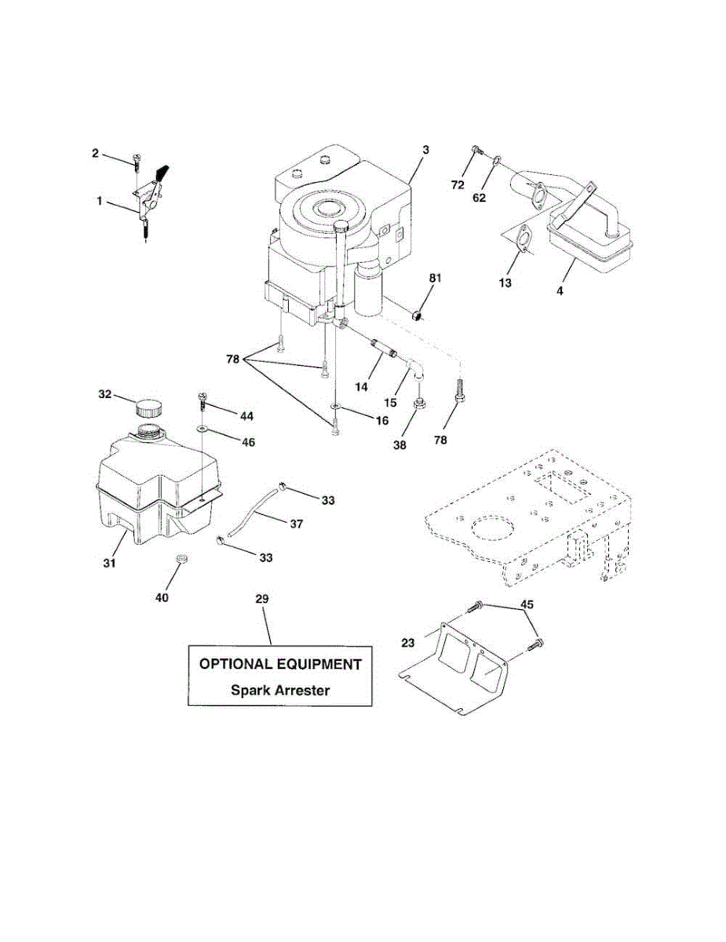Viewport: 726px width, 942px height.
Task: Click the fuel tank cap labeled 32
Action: pos(148,408)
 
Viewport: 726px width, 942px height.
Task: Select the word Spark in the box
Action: pos(248,690)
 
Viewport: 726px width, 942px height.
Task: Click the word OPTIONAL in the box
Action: pos(235,664)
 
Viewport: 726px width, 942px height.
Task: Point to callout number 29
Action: pos(262,599)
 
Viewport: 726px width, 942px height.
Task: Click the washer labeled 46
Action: pos(202,429)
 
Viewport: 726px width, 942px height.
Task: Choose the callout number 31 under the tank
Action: pos(110,563)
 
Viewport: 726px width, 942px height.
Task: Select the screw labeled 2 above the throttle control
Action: pos(137,163)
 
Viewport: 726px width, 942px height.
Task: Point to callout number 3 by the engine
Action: pos(425,150)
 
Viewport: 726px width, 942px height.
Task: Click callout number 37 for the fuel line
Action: pos(297,524)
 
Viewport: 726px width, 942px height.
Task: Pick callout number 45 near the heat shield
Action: pos(527,604)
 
